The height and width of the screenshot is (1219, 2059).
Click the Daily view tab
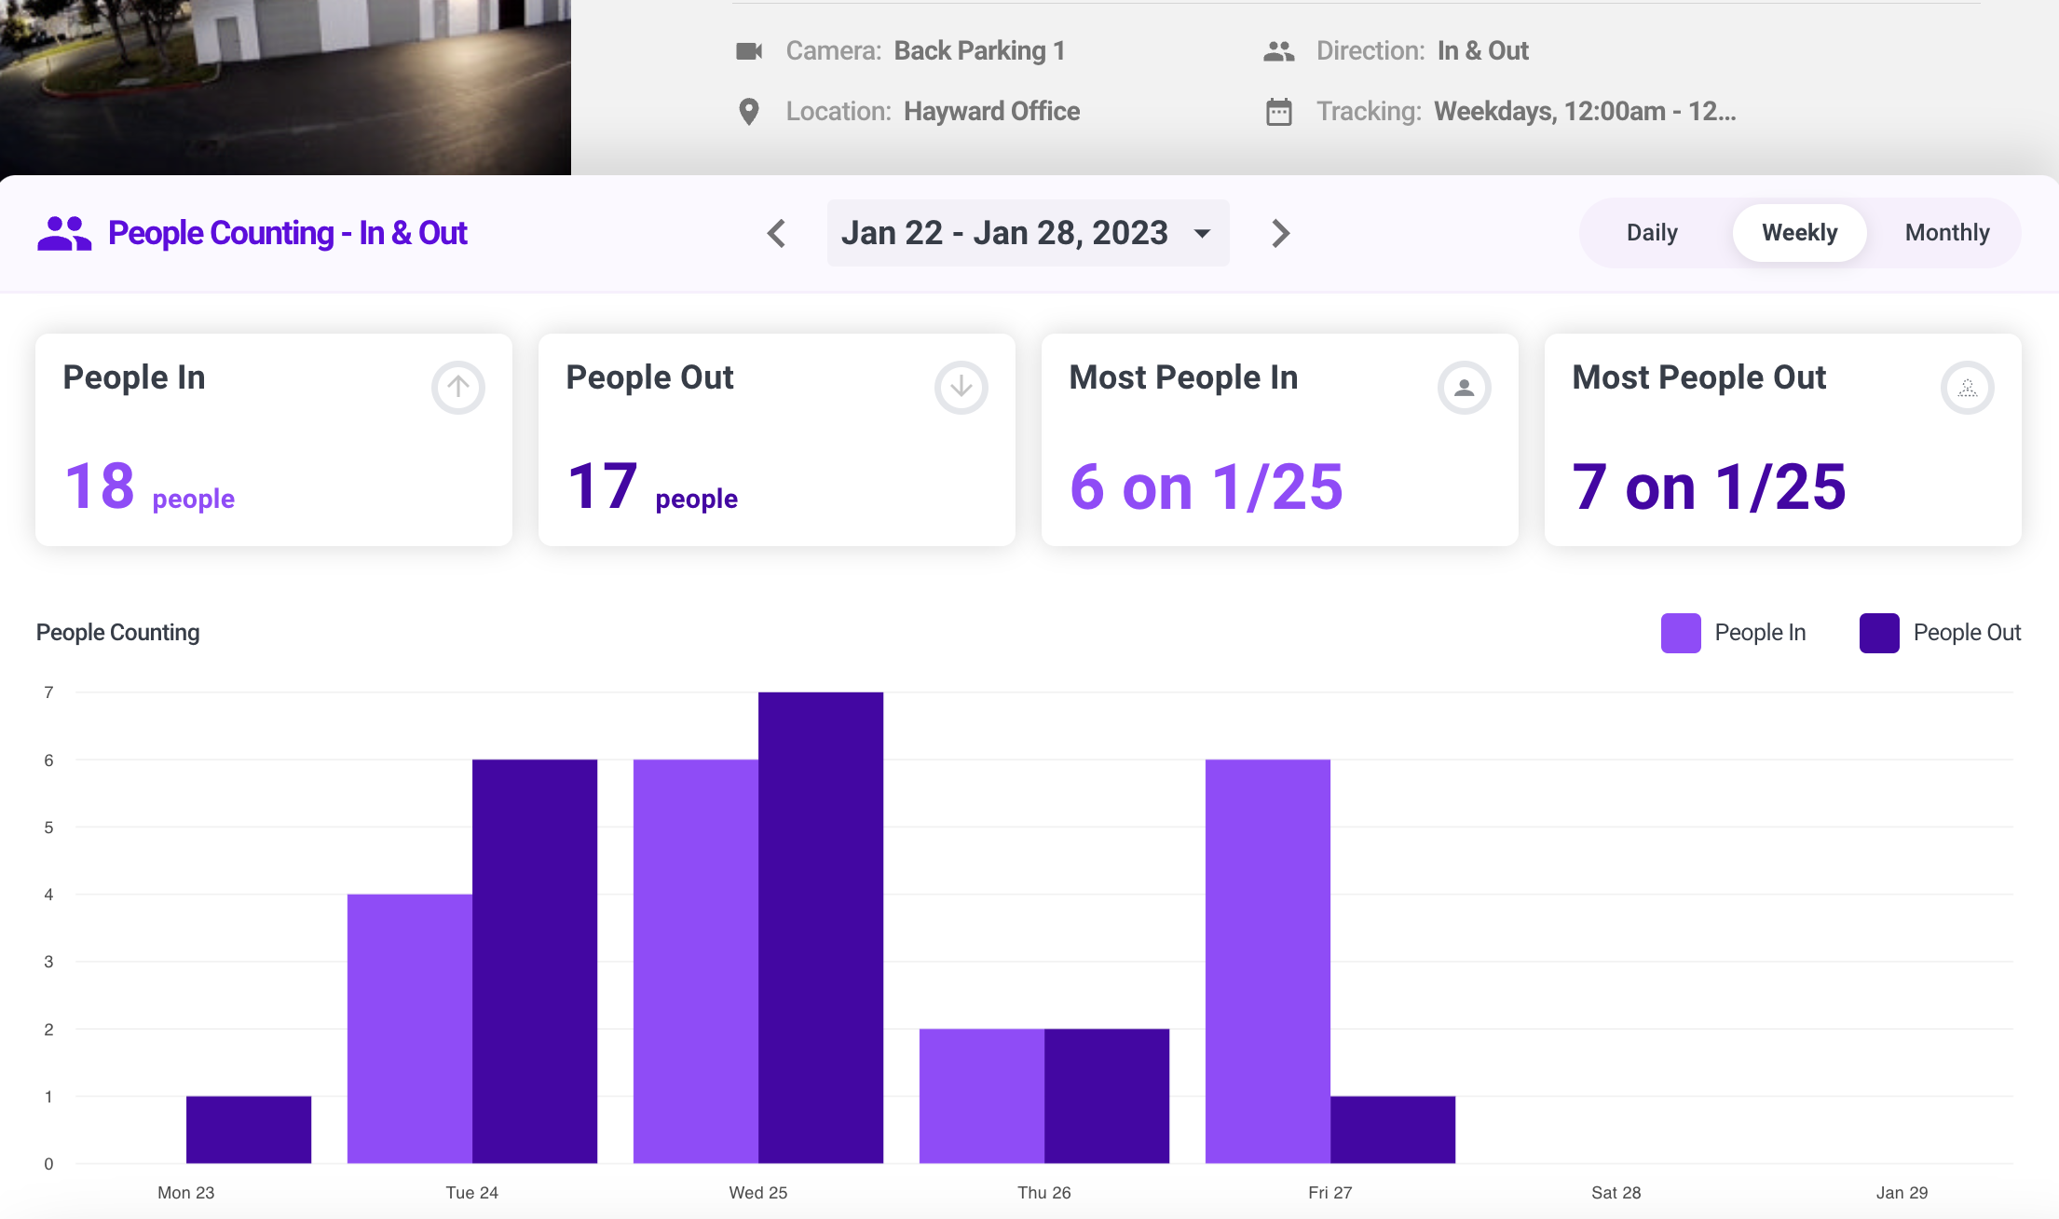pyautogui.click(x=1652, y=233)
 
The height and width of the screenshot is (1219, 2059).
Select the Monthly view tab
pyautogui.click(x=1946, y=233)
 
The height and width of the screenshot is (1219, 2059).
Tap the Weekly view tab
pyautogui.click(x=1799, y=233)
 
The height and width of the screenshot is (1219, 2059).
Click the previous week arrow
pyautogui.click(x=777, y=233)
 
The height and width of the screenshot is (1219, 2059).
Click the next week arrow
pyautogui.click(x=1281, y=233)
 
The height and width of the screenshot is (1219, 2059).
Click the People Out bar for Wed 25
pyautogui.click(x=821, y=927)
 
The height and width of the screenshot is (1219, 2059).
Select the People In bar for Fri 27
pyautogui.click(x=1267, y=961)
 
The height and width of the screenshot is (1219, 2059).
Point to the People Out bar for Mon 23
pyautogui.click(x=249, y=1130)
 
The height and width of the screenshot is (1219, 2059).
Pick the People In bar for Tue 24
pyautogui.click(x=410, y=1028)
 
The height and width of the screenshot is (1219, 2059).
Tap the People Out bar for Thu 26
pyautogui.click(x=1107, y=1096)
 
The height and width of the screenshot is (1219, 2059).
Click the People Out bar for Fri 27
pyautogui.click(x=1393, y=1130)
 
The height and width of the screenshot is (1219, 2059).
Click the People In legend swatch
pyautogui.click(x=1681, y=633)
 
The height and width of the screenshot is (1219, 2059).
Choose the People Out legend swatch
pyautogui.click(x=1879, y=633)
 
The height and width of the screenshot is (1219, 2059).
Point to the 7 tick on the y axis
pyautogui.click(x=48, y=692)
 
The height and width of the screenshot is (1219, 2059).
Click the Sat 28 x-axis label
pyautogui.click(x=1616, y=1192)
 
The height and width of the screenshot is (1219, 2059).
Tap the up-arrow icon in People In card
pyautogui.click(x=457, y=387)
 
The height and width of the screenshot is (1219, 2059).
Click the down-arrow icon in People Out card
pyautogui.click(x=961, y=387)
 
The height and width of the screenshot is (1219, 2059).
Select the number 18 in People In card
pyautogui.click(x=100, y=486)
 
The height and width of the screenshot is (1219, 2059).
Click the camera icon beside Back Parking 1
pyautogui.click(x=749, y=51)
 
